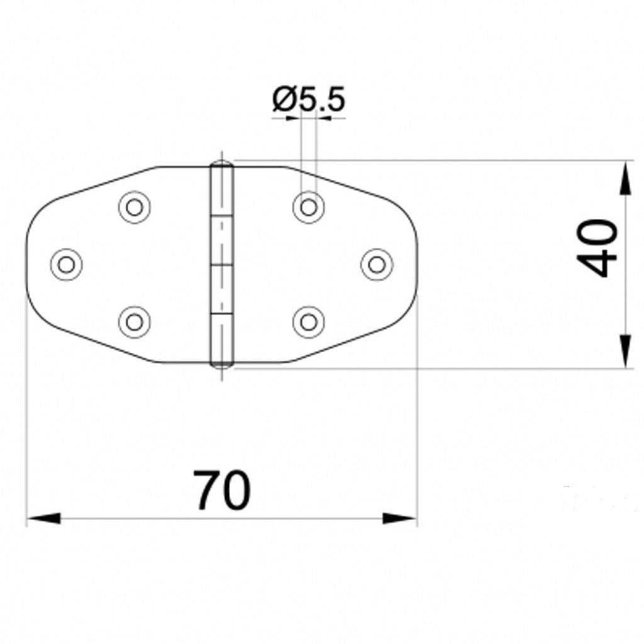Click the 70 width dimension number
pos(221,491)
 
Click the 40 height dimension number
pos(597,248)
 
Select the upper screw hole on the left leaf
pos(134,206)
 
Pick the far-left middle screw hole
pos(66,264)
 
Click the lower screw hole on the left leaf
pos(134,321)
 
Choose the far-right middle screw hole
pos(376,264)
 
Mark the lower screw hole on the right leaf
pos(308,321)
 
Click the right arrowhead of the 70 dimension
pos(401,519)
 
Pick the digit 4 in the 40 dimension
pos(597,264)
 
